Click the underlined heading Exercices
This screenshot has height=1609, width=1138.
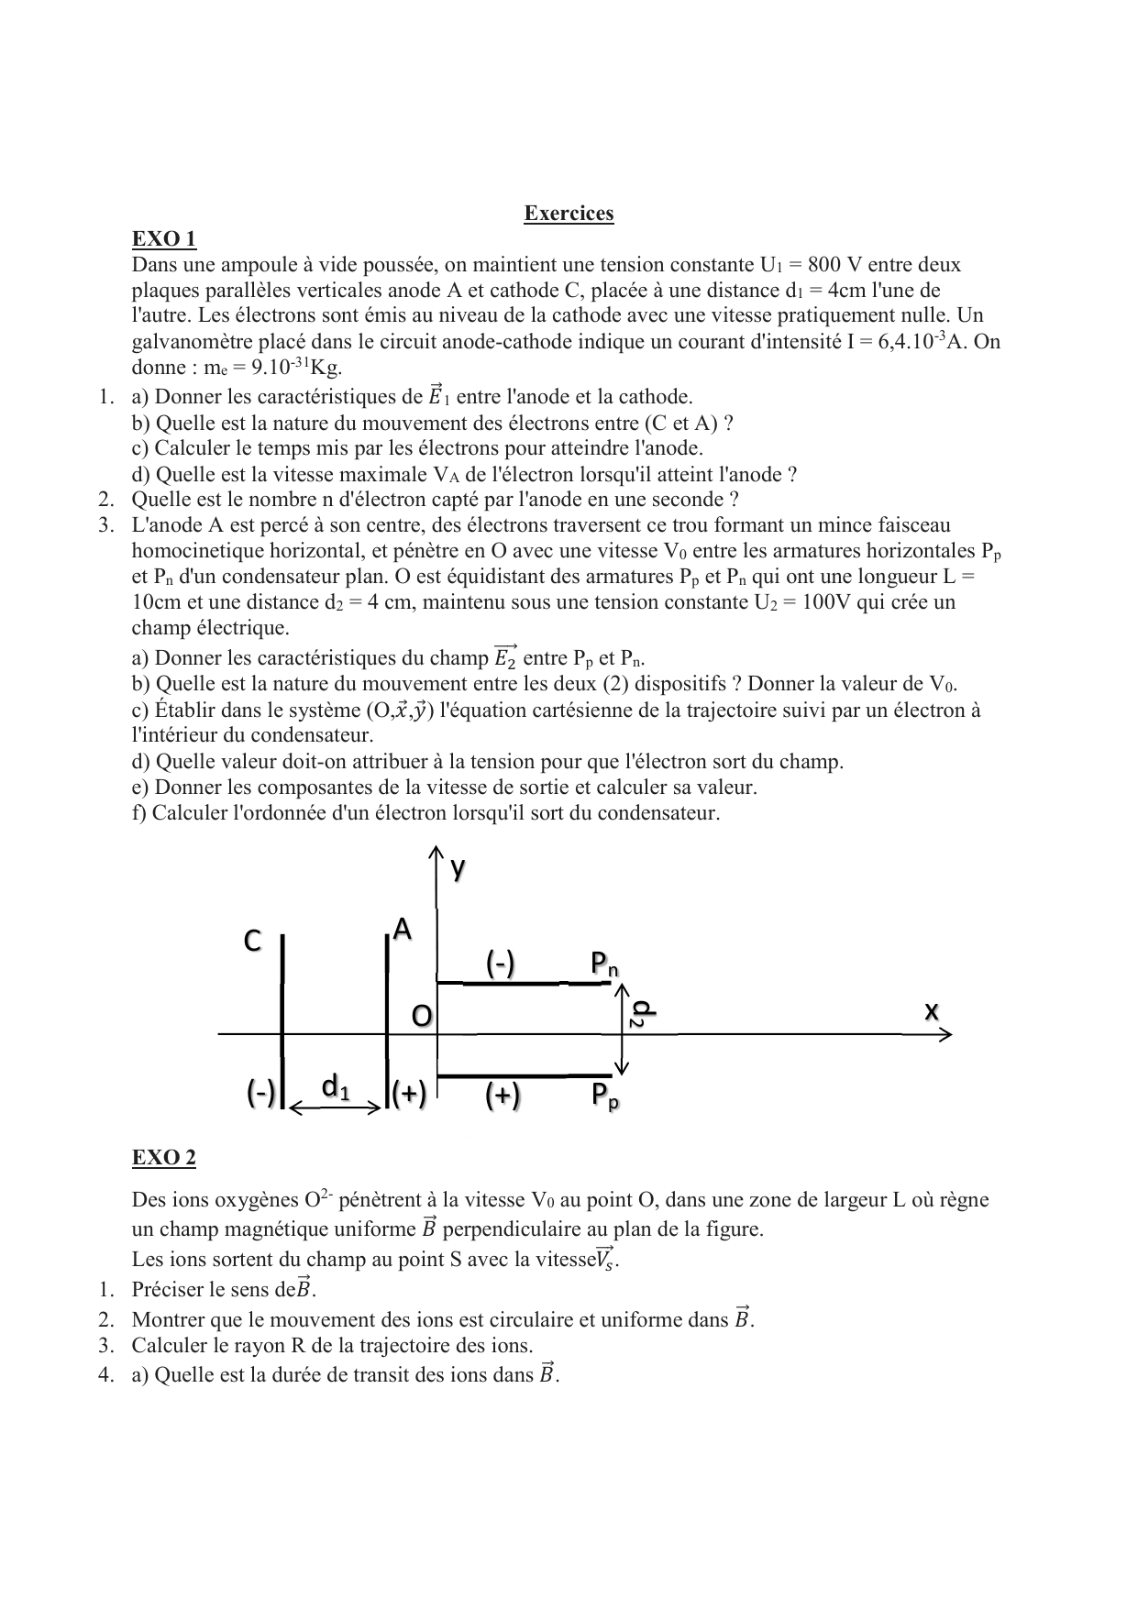pos(569,214)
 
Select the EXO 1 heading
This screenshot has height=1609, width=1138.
pos(164,239)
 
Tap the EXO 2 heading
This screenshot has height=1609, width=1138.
pos(164,1158)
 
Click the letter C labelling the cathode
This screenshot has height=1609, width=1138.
pos(252,942)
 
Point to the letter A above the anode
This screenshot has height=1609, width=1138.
pos(402,931)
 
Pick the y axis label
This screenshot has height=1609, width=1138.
pos(458,869)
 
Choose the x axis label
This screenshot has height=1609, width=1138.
pos(932,1010)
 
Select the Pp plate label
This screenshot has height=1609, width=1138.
pos(604,1094)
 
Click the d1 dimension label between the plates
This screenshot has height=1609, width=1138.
pos(336,1087)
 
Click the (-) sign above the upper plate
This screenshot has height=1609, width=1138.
pos(501,964)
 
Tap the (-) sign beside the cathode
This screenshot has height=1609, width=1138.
pos(260,1093)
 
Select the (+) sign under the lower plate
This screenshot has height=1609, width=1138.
pos(503,1095)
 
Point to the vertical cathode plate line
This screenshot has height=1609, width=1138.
pos(282,1018)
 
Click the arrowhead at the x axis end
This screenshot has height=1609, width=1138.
pos(945,1034)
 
